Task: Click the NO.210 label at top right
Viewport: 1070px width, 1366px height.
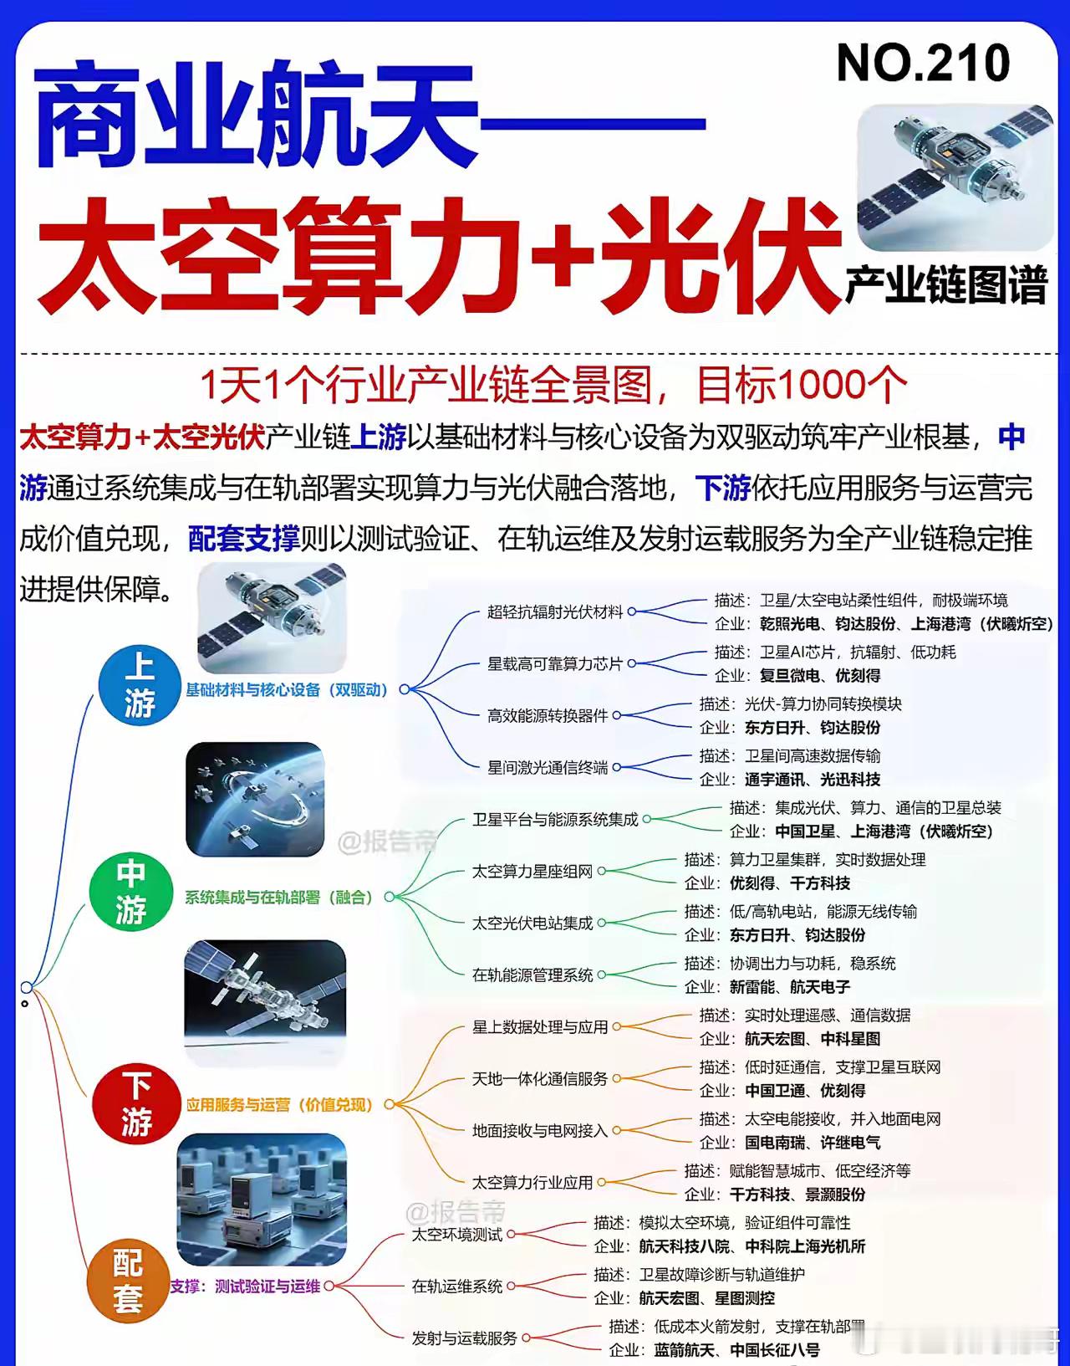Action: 923,64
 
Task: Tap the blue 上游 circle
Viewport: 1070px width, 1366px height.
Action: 140,685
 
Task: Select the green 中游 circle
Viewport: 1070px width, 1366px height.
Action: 130,892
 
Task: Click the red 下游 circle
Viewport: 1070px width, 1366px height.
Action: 136,1103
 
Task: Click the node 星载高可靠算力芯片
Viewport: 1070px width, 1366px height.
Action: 555,664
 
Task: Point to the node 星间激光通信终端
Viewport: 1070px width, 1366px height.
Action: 548,768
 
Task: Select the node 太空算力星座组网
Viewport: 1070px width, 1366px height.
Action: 532,872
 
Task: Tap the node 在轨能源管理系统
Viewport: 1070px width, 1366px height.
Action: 532,975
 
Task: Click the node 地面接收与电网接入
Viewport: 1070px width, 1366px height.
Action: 540,1131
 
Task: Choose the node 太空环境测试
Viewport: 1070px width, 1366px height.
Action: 456,1235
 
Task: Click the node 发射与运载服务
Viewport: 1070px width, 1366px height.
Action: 464,1338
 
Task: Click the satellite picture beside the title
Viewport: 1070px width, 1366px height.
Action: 955,177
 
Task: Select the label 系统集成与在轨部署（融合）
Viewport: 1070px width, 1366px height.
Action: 278,898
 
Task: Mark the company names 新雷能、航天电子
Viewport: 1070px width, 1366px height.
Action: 789,987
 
